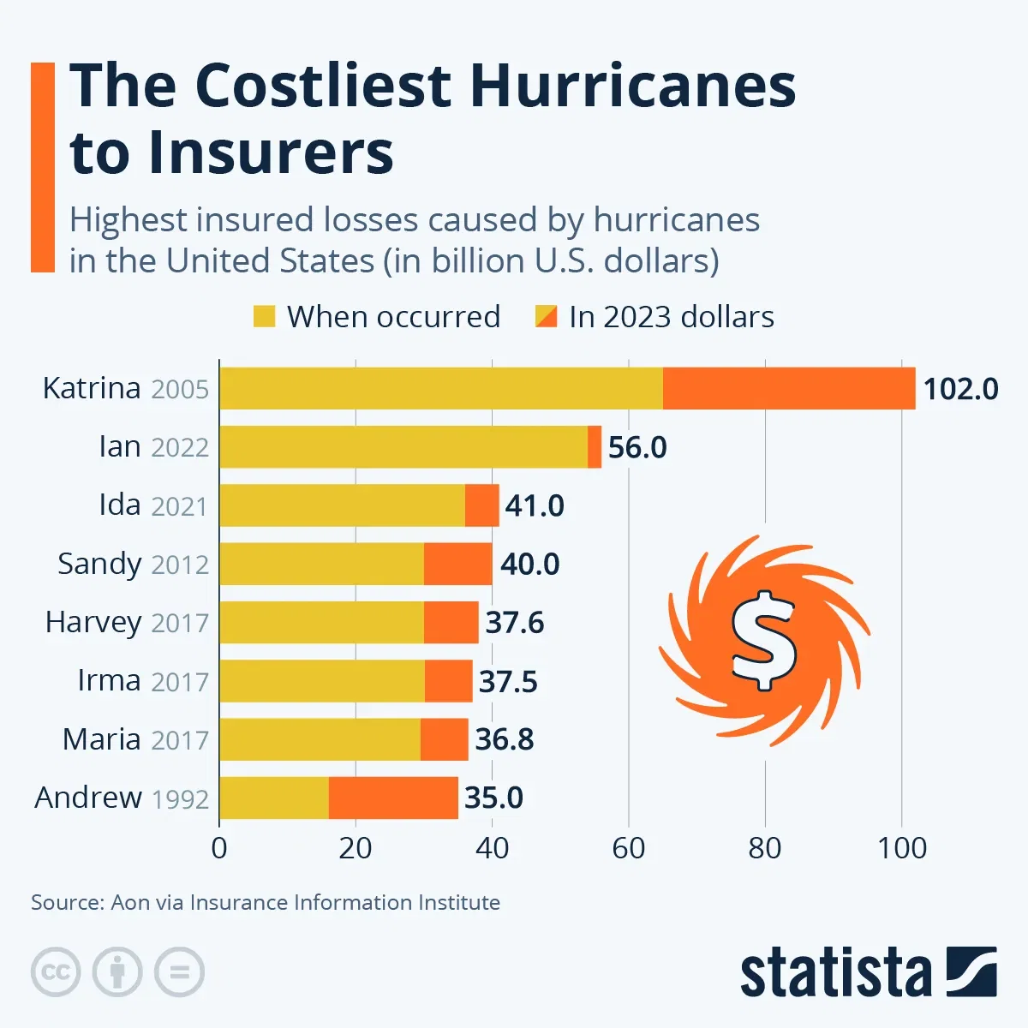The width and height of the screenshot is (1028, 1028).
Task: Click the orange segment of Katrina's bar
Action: (788, 388)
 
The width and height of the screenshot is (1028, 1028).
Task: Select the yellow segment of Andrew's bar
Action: (274, 798)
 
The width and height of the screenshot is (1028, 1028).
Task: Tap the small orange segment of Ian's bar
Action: (595, 446)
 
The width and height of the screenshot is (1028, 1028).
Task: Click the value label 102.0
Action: (960, 389)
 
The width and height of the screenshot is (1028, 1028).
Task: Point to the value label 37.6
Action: (515, 622)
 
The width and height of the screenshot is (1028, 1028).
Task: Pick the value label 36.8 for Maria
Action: (505, 739)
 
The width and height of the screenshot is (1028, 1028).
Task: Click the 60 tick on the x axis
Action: (628, 848)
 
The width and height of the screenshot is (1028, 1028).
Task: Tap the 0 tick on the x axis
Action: (219, 848)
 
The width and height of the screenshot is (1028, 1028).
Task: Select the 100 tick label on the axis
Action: (901, 848)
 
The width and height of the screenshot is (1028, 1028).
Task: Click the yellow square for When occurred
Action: (264, 317)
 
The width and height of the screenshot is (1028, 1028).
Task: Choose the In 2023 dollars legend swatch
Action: (546, 317)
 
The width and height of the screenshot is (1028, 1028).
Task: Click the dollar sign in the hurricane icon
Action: (763, 640)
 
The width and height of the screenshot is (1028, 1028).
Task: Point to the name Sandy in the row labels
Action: (99, 564)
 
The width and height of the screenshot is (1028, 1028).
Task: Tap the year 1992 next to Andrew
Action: (180, 799)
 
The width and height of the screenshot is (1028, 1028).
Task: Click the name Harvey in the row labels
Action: (93, 622)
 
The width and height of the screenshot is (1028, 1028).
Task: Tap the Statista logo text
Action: (835, 973)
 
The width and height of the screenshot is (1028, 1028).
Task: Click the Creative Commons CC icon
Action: (56, 972)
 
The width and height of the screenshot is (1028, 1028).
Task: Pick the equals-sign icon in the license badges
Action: (179, 972)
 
